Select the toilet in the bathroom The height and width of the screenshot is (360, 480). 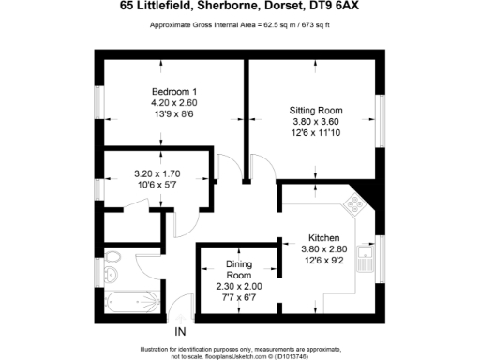point(112,256)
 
